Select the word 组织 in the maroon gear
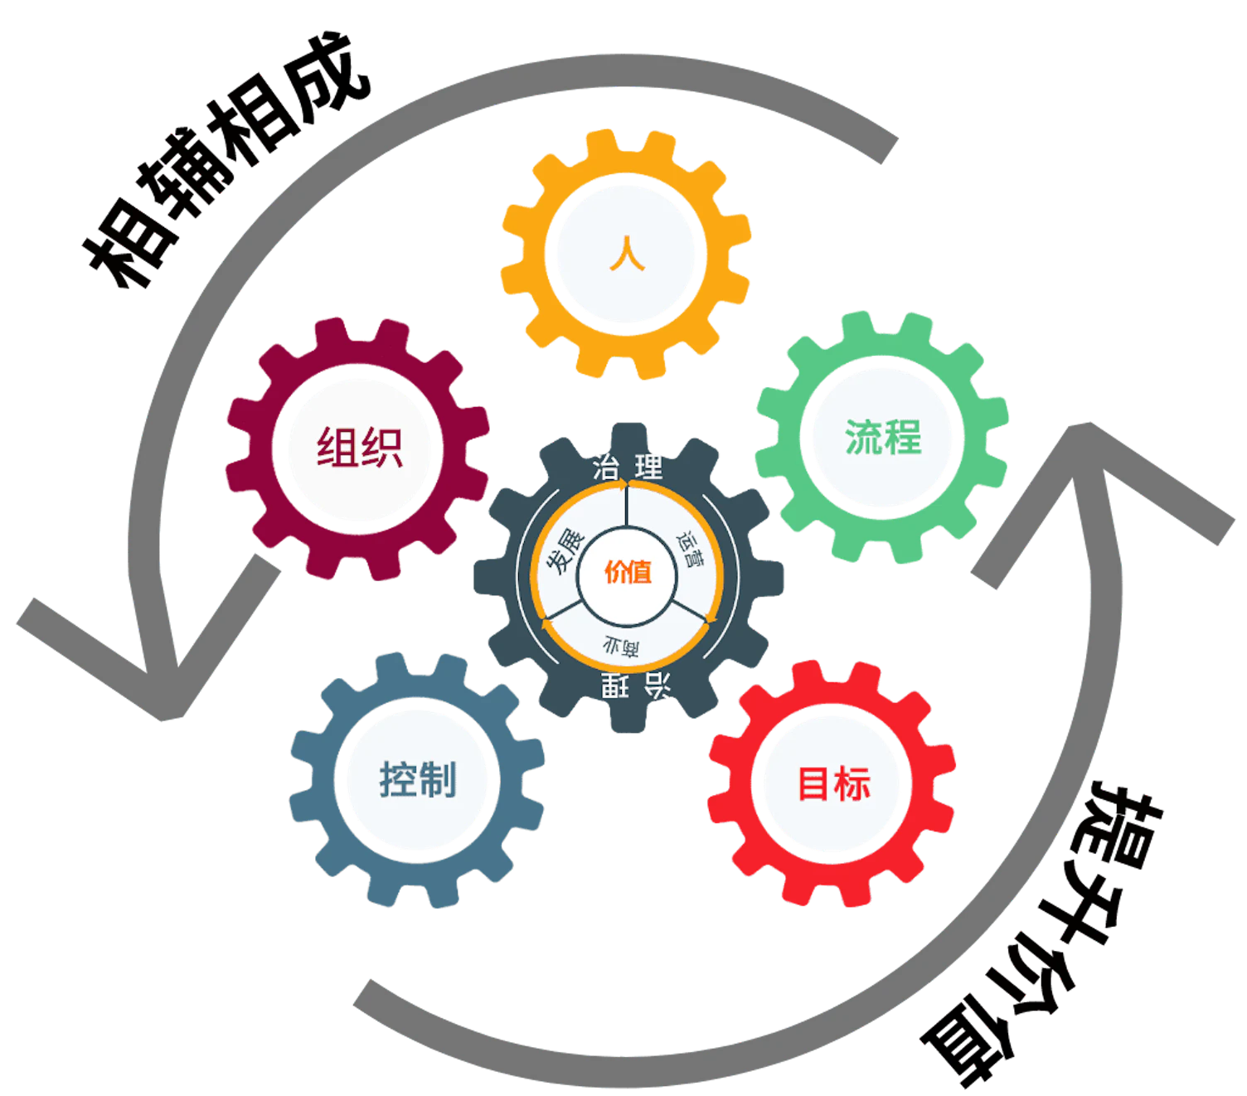(360, 449)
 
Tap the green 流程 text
(883, 437)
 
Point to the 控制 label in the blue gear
(418, 779)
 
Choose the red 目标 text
(833, 783)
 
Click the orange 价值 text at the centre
(628, 572)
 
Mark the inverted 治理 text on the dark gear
(635, 686)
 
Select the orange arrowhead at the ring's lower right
(706, 626)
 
